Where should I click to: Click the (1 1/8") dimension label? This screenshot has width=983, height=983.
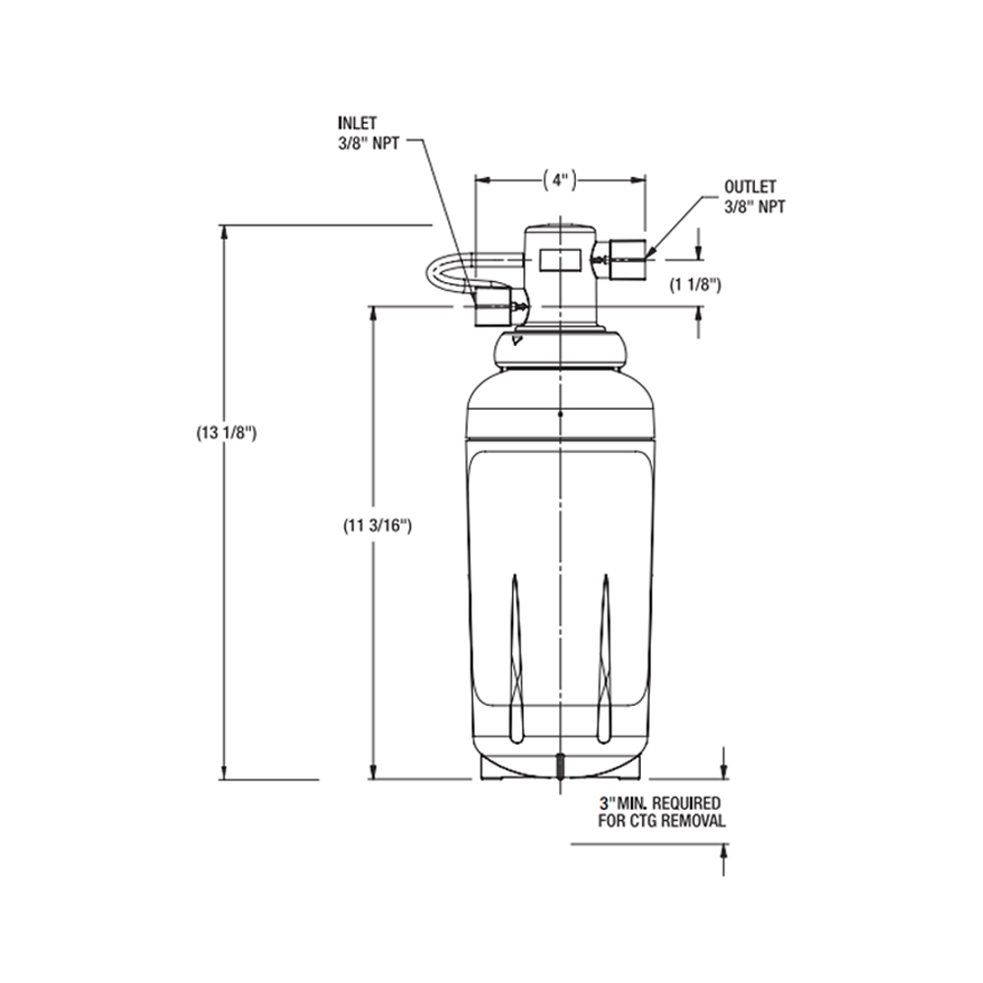(696, 285)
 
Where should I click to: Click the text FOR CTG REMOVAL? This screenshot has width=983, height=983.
(663, 821)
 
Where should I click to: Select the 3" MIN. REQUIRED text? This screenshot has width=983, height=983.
(665, 803)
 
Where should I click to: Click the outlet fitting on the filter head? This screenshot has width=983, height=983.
(625, 260)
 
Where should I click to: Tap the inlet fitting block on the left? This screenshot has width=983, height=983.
(491, 307)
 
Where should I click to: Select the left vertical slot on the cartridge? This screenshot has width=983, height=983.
(516, 659)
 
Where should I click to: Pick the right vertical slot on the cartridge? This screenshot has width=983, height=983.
(606, 659)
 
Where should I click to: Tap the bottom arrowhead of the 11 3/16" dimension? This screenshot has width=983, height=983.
(373, 773)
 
